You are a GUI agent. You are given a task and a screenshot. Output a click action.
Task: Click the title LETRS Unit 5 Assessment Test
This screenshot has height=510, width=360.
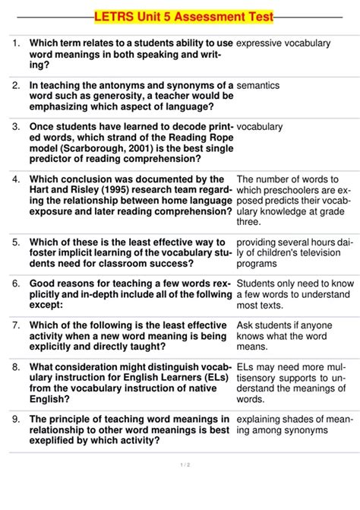pyautogui.click(x=183, y=16)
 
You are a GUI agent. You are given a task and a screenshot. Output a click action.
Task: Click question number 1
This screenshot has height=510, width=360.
pyautogui.click(x=16, y=43)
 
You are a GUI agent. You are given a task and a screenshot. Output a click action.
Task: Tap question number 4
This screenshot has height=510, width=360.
pyautogui.click(x=16, y=179)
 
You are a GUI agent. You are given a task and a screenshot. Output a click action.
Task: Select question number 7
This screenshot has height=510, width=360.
pyautogui.click(x=16, y=325)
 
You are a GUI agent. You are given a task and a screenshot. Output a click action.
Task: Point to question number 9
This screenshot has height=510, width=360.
pyautogui.click(x=16, y=419)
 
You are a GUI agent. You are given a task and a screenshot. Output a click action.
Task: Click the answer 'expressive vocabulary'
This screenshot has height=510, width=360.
pyautogui.click(x=283, y=43)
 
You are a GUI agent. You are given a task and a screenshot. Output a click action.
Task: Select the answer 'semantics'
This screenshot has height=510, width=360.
pyautogui.click(x=258, y=86)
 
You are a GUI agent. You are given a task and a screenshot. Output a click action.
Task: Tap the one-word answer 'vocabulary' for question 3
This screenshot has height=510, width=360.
pyautogui.click(x=260, y=127)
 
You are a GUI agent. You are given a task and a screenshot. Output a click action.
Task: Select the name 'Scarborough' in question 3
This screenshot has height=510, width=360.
pyautogui.click(x=90, y=148)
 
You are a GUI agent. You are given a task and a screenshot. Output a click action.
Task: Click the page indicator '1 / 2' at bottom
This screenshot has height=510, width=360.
pyautogui.click(x=183, y=465)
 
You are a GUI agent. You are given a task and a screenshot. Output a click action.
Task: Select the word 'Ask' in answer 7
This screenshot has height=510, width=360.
pyautogui.click(x=246, y=325)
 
